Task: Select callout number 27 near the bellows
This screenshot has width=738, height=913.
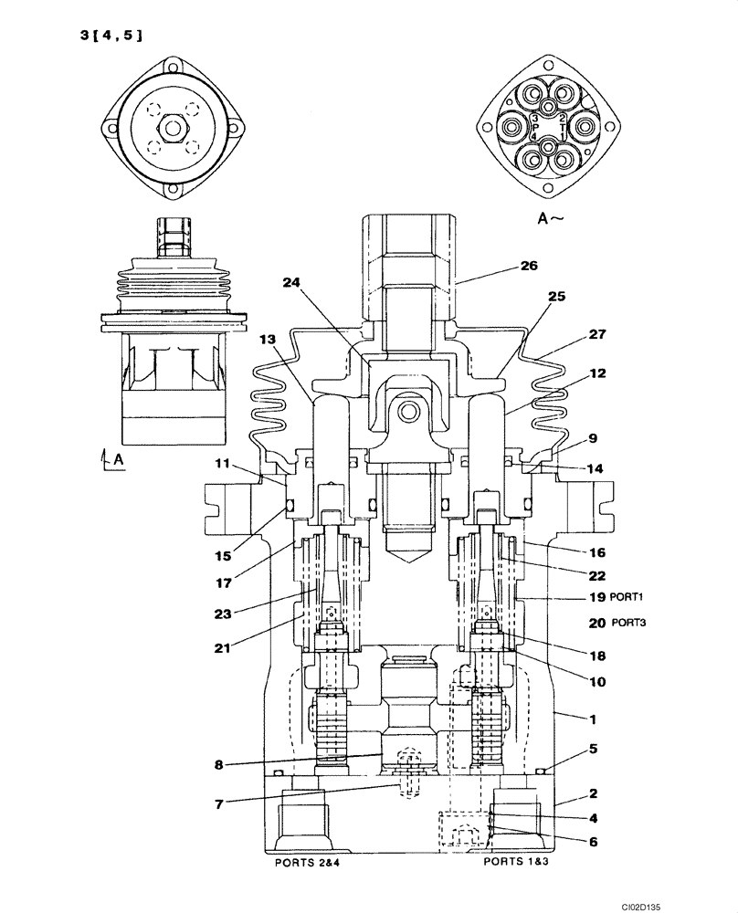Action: tap(596, 334)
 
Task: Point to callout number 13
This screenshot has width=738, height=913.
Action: tap(266, 340)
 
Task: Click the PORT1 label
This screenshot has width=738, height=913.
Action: tap(629, 599)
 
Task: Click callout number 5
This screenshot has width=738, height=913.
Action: tap(593, 750)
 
